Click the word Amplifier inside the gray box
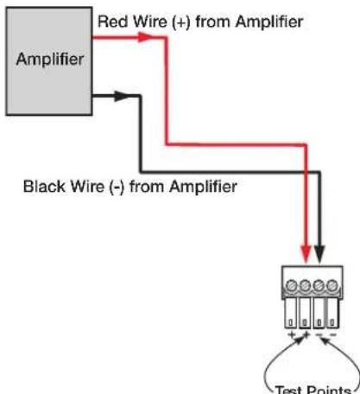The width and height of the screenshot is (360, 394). pyautogui.click(x=50, y=60)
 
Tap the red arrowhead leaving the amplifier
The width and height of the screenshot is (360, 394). pyautogui.click(x=145, y=37)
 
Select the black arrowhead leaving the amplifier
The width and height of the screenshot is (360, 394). pyautogui.click(x=121, y=96)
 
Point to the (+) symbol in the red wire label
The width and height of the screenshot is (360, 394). pyautogui.click(x=181, y=22)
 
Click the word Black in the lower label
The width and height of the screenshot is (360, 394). pyautogui.click(x=44, y=187)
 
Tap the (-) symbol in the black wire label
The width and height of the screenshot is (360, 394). pyautogui.click(x=117, y=187)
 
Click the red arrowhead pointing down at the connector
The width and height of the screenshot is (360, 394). pyautogui.click(x=306, y=254)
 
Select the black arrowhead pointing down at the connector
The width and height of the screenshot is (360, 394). pyautogui.click(x=319, y=254)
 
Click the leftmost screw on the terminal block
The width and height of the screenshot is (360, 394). pyautogui.click(x=291, y=286)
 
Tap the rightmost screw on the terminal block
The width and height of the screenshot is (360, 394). pyautogui.click(x=332, y=286)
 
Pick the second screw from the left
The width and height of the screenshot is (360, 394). pyautogui.click(x=305, y=286)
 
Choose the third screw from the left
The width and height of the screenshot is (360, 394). pyautogui.click(x=319, y=286)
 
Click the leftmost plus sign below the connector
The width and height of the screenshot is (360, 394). pyautogui.click(x=292, y=334)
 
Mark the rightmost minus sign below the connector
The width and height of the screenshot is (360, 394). pyautogui.click(x=332, y=334)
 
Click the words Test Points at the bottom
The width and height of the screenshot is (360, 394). pyautogui.click(x=313, y=390)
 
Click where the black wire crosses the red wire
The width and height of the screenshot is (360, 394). pyautogui.click(x=306, y=172)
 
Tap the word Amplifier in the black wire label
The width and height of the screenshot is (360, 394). pyautogui.click(x=203, y=187)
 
